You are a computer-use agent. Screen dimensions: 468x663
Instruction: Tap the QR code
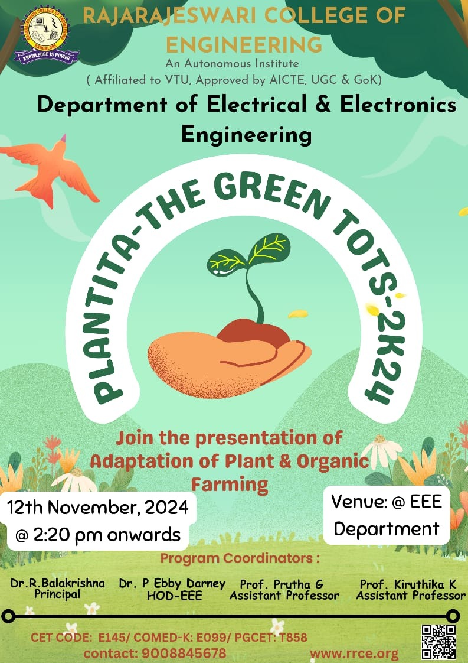tap(439, 642)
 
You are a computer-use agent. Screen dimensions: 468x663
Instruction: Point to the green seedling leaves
tap(248, 253)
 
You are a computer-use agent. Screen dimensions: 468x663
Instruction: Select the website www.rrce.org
tap(354, 654)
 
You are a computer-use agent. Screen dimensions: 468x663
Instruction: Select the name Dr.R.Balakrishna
tap(57, 583)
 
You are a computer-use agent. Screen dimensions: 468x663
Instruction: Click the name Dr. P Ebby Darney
tap(172, 584)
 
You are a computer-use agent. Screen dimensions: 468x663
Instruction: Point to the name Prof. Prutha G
tap(282, 584)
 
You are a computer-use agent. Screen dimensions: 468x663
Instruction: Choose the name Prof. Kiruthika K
tap(408, 584)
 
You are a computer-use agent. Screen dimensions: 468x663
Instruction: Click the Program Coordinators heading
tap(240, 558)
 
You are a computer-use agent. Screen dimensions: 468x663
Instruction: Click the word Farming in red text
tap(230, 485)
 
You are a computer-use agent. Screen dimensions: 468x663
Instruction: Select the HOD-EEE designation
tap(175, 596)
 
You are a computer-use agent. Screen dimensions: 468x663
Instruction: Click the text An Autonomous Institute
tap(233, 63)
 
